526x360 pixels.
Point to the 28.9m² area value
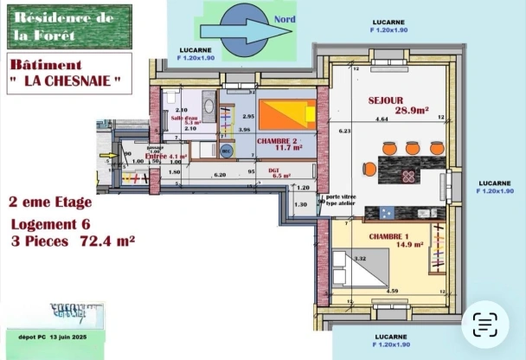(413, 110)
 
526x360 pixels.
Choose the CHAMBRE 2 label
(277, 140)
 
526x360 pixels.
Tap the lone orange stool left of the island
(369, 169)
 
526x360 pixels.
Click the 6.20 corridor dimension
(220, 174)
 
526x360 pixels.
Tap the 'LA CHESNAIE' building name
(67, 81)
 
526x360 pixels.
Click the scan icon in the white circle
(485, 325)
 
